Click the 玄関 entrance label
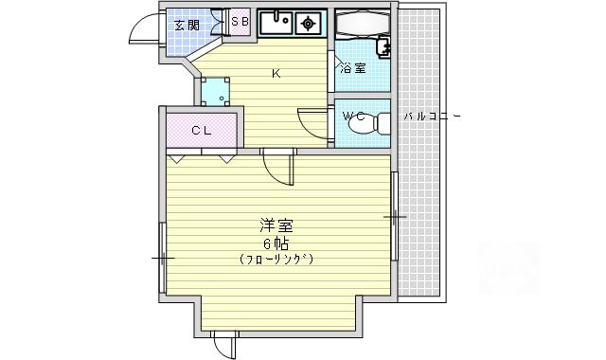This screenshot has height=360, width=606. pyautogui.click(x=187, y=26)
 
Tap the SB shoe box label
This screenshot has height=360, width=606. pyautogui.click(x=240, y=22)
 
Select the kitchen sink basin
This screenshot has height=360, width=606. pyautogui.click(x=276, y=23)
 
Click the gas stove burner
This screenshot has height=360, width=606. pyautogui.click(x=308, y=24)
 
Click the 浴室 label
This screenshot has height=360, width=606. pyautogui.click(x=353, y=69)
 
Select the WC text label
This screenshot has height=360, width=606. pyautogui.click(x=354, y=116)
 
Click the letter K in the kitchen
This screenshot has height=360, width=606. pyautogui.click(x=276, y=74)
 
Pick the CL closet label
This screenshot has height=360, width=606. pyautogui.click(x=202, y=131)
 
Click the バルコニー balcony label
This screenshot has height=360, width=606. pyautogui.click(x=432, y=116)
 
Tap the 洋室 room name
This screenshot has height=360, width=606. pyautogui.click(x=276, y=225)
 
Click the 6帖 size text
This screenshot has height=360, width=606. pyautogui.click(x=276, y=243)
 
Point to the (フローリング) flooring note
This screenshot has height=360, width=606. pyautogui.click(x=276, y=259)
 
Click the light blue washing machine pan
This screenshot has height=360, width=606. pyautogui.click(x=215, y=92)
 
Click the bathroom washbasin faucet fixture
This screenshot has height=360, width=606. pyautogui.click(x=383, y=47)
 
